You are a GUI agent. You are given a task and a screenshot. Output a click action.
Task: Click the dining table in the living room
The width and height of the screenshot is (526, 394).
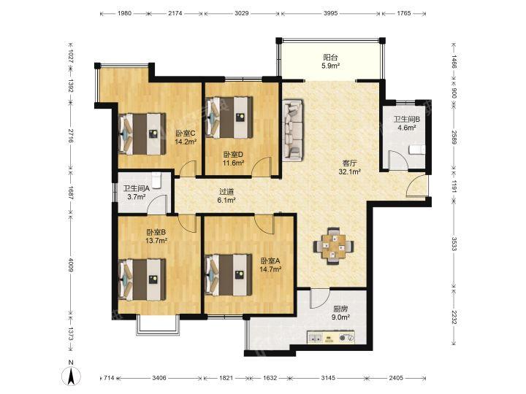[333, 247]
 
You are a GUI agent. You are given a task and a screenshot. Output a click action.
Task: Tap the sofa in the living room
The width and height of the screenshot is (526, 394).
[293, 130]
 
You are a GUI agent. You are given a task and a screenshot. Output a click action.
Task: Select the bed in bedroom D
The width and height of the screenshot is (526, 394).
[229, 117]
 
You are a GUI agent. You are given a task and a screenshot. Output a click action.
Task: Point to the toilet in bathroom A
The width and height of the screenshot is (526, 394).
[156, 181]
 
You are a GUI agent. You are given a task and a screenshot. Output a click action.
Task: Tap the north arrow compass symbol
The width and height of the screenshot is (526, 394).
[71, 373]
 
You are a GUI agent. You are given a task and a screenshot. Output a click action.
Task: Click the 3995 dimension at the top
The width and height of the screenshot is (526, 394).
[330, 13]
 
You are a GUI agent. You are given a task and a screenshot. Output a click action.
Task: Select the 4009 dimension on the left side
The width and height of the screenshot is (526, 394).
[70, 265]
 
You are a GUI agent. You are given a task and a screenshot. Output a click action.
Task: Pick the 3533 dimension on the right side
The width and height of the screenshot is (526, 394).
[454, 244]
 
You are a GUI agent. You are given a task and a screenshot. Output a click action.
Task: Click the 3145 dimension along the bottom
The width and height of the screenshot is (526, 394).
[328, 378]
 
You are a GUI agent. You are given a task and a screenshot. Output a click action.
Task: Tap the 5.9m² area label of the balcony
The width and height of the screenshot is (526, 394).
[330, 66]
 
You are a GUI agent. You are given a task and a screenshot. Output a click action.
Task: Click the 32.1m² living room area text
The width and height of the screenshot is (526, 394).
[349, 172]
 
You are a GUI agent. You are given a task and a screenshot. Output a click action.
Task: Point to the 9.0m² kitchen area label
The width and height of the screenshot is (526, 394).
[340, 317]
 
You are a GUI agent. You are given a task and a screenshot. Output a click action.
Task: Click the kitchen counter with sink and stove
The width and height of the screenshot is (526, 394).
[331, 337]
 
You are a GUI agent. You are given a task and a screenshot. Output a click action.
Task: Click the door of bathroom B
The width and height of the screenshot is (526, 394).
[398, 161]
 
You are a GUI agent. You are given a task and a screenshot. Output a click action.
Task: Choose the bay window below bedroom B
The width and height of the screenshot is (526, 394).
[157, 325]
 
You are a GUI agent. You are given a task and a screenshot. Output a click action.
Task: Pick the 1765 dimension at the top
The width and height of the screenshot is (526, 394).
[404, 13]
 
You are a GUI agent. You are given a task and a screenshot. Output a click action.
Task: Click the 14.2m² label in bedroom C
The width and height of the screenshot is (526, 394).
[186, 142]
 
